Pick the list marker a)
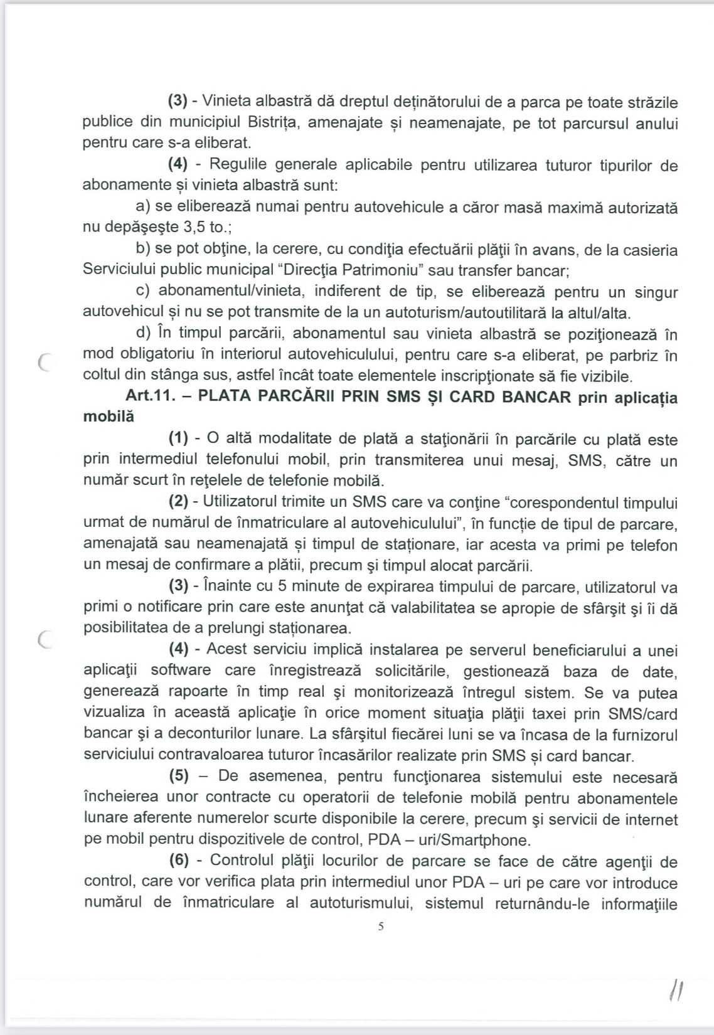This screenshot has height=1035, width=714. (143, 207)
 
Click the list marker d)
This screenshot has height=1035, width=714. (143, 334)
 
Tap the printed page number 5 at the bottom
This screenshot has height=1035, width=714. (380, 926)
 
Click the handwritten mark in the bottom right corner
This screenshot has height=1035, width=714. (676, 993)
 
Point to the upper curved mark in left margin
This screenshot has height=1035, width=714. (43, 363)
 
